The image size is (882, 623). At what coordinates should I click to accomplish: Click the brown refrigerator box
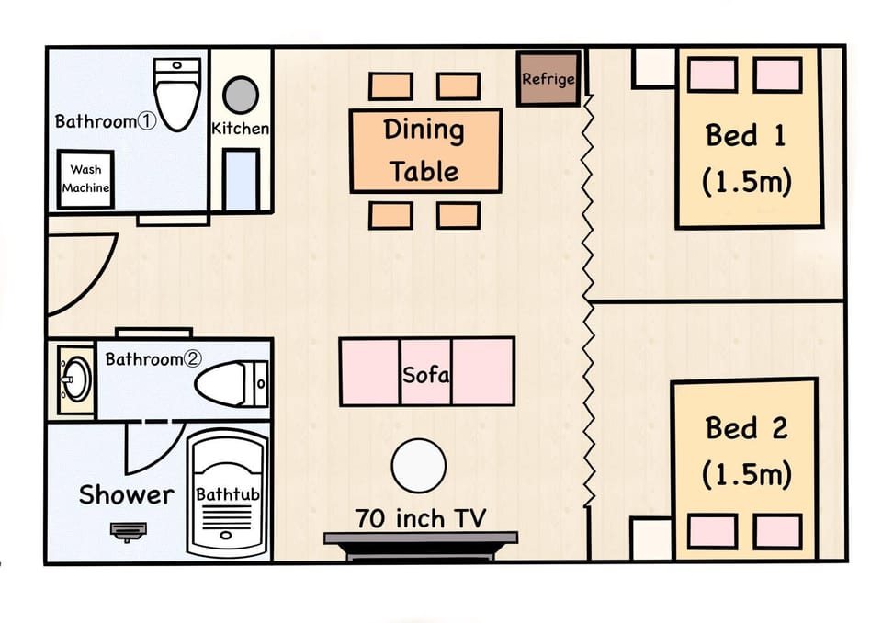pyautogui.click(x=548, y=79)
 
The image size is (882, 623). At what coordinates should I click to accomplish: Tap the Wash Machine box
pyautogui.click(x=85, y=179)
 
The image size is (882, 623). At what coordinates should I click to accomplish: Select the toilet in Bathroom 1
pyautogui.click(x=177, y=94)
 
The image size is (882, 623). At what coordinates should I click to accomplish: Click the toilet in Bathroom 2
pyautogui.click(x=232, y=384)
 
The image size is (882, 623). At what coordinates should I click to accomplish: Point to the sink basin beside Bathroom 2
pyautogui.click(x=76, y=379)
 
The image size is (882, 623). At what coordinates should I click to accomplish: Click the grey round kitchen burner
pyautogui.click(x=241, y=95)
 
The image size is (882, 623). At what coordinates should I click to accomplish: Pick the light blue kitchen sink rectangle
pyautogui.click(x=241, y=180)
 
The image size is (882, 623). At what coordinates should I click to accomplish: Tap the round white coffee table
pyautogui.click(x=419, y=466)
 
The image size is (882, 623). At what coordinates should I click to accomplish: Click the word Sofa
pyautogui.click(x=425, y=375)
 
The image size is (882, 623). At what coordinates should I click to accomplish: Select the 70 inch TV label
pyautogui.click(x=420, y=518)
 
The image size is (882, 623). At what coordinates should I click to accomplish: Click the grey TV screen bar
pyautogui.click(x=421, y=538)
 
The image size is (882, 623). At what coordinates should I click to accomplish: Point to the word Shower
pyautogui.click(x=127, y=494)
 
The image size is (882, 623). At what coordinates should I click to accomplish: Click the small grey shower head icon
pyautogui.click(x=129, y=531)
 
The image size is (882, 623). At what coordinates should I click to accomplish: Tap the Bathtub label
pyautogui.click(x=228, y=494)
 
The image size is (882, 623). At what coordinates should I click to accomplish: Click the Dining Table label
pyautogui.click(x=424, y=151)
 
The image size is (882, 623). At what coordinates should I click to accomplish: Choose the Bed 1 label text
pyautogui.click(x=746, y=158)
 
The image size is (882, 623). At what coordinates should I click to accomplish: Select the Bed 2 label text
pyautogui.click(x=746, y=451)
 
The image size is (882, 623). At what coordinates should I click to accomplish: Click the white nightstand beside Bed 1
pyautogui.click(x=653, y=68)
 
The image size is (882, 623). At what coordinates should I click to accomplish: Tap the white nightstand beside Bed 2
pyautogui.click(x=651, y=539)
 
